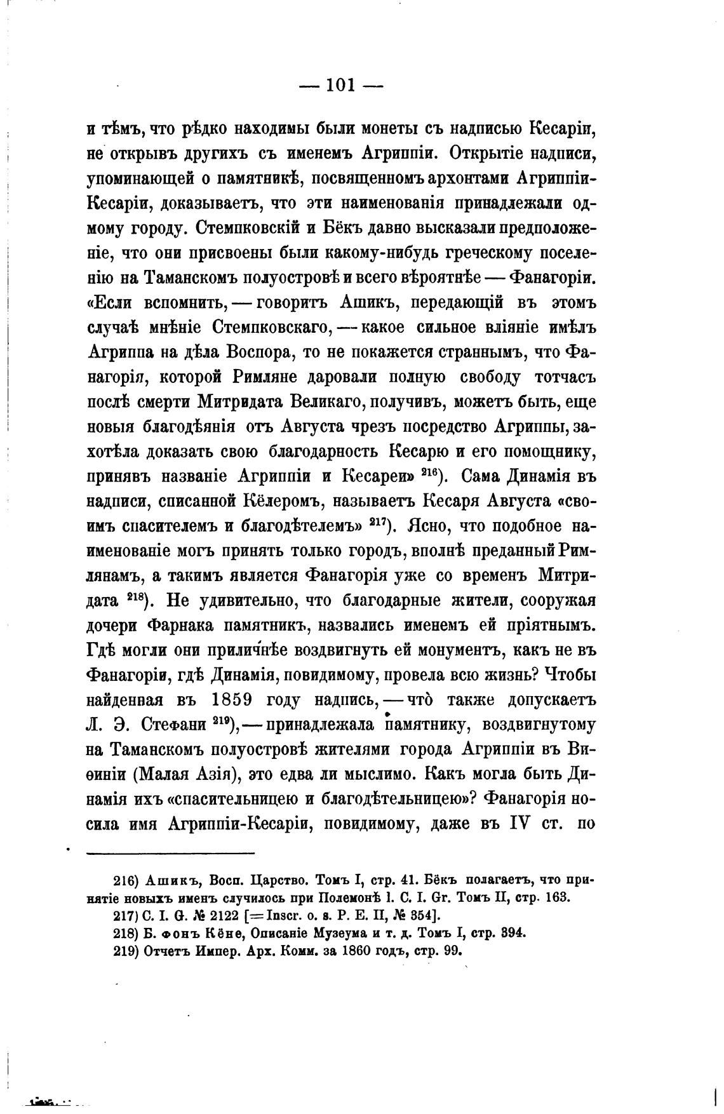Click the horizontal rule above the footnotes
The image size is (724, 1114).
point(170,852)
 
